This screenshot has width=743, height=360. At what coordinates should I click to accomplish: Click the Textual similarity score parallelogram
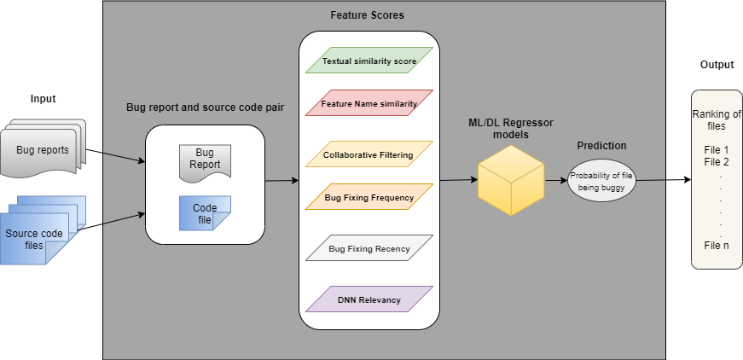pyautogui.click(x=369, y=61)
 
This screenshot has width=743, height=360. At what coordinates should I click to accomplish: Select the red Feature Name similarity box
pyautogui.click(x=369, y=103)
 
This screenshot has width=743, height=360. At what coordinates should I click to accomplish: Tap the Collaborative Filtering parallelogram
pyautogui.click(x=369, y=154)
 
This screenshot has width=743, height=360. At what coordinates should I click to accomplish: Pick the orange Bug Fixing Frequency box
pyautogui.click(x=369, y=197)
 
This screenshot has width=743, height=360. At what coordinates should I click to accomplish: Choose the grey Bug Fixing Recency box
pyautogui.click(x=369, y=248)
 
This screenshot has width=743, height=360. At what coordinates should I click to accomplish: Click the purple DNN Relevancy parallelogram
pyautogui.click(x=369, y=299)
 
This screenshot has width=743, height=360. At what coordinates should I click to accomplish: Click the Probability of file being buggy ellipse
pyautogui.click(x=603, y=180)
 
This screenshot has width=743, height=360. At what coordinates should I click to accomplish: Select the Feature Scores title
pyautogui.click(x=367, y=15)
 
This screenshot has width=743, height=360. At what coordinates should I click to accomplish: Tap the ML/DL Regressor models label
pyautogui.click(x=511, y=129)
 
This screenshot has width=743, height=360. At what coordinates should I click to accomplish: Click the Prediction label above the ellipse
pyautogui.click(x=601, y=146)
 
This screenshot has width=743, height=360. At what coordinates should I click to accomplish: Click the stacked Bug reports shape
pyautogui.click(x=43, y=150)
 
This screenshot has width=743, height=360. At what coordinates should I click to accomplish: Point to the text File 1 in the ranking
pyautogui.click(x=717, y=149)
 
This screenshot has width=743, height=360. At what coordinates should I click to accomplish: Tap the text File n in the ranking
pyautogui.click(x=717, y=245)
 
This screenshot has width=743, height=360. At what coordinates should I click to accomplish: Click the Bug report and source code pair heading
pyautogui.click(x=205, y=107)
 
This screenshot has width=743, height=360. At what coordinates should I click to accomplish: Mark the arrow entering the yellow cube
pyautogui.click(x=457, y=180)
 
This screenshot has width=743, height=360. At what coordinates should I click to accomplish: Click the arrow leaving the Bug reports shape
pyautogui.click(x=123, y=158)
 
